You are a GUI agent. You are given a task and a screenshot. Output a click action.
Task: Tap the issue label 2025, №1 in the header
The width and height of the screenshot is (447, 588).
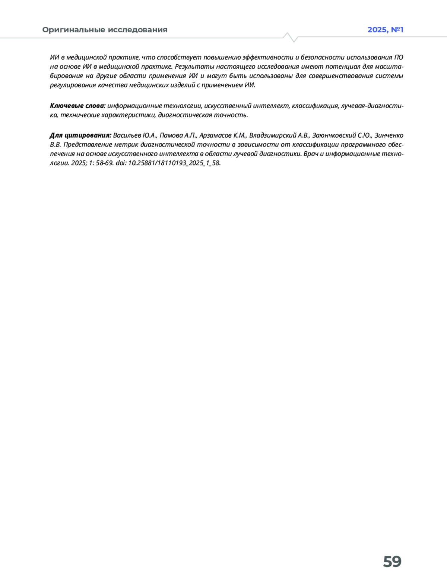[x=385, y=30]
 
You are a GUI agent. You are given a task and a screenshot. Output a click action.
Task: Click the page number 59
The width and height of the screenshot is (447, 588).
[x=392, y=562]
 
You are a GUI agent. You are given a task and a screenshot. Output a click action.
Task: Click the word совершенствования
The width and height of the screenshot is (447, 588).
[x=340, y=76]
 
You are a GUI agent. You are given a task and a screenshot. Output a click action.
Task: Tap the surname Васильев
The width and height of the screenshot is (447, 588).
[x=127, y=135]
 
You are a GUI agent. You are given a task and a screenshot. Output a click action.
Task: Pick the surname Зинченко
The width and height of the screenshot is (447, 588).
[x=389, y=135]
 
